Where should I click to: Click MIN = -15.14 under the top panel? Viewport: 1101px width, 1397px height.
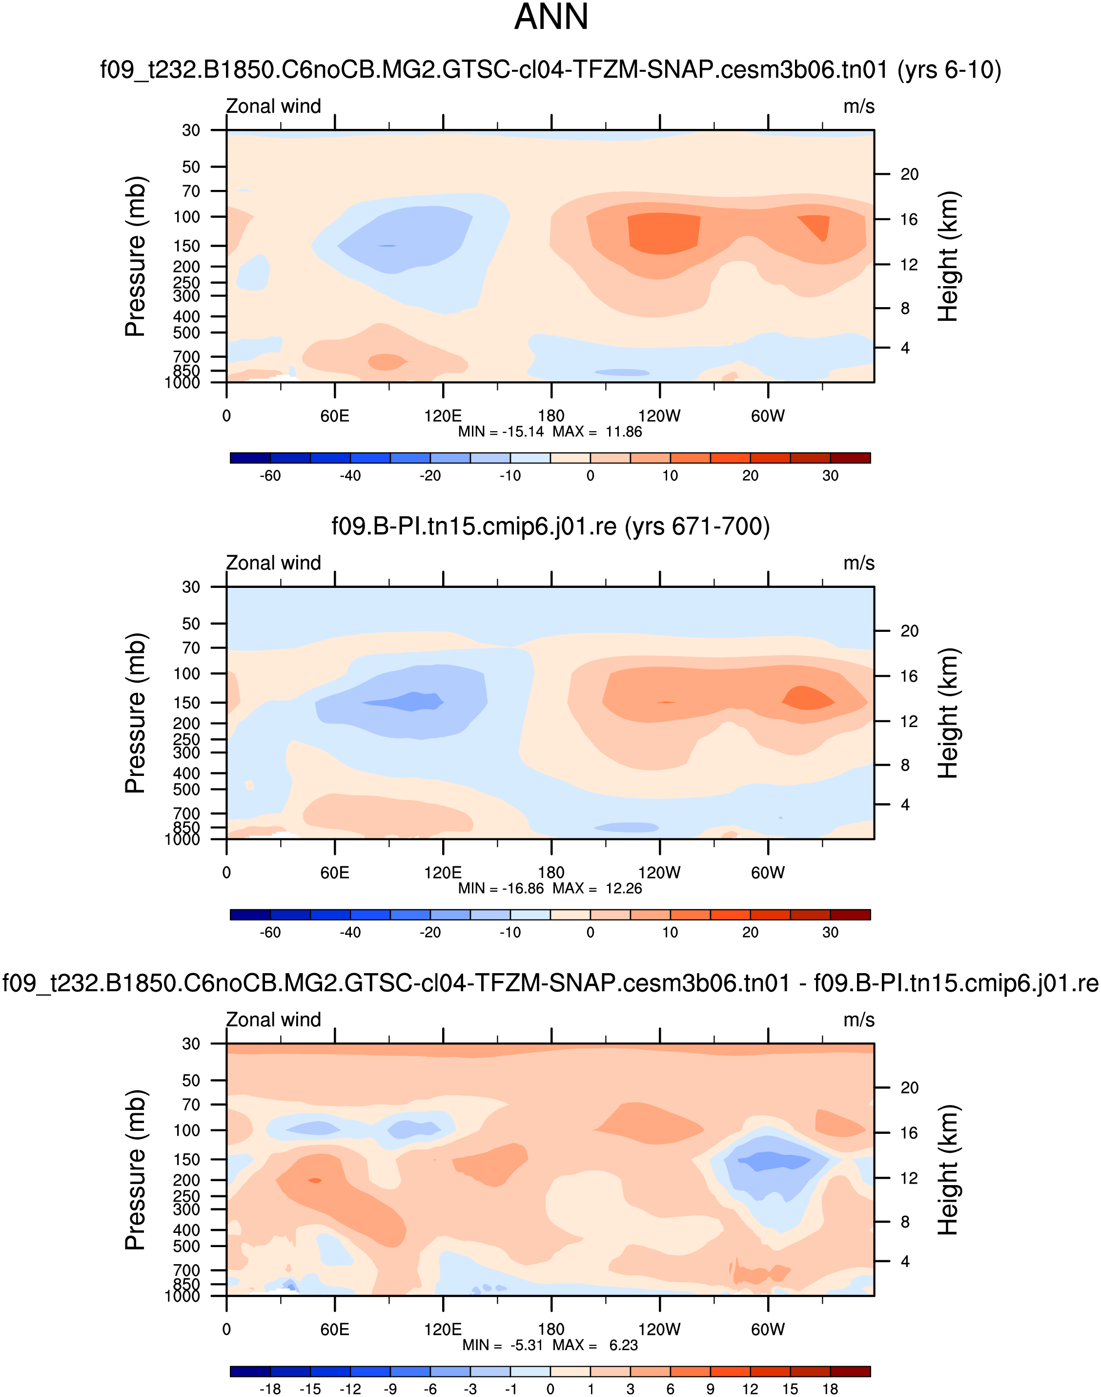coord(501,432)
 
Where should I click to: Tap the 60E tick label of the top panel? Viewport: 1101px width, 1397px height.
coord(335,416)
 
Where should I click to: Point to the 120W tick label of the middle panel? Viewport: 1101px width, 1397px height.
coord(659,873)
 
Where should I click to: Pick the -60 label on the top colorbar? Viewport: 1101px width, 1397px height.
coord(270,476)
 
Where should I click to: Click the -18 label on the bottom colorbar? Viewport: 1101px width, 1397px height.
coord(270,1389)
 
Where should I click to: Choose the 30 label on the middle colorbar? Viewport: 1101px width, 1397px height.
coord(830,933)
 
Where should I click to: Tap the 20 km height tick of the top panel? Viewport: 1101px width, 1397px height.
coord(909,174)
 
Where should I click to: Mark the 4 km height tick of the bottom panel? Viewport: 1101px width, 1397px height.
coord(905,1261)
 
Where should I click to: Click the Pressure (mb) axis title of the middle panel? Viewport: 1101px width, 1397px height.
coord(135,713)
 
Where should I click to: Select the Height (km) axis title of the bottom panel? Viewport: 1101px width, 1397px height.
coord(948,1169)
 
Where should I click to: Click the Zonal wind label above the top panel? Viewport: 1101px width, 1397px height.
coord(273,106)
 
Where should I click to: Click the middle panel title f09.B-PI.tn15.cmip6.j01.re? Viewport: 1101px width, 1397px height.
coord(550,526)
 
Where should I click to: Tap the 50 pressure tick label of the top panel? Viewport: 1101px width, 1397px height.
coord(191,167)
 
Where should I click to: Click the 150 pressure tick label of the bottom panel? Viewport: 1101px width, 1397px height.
coord(187,1159)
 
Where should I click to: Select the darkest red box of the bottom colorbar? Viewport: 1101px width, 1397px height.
coord(850,1371)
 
